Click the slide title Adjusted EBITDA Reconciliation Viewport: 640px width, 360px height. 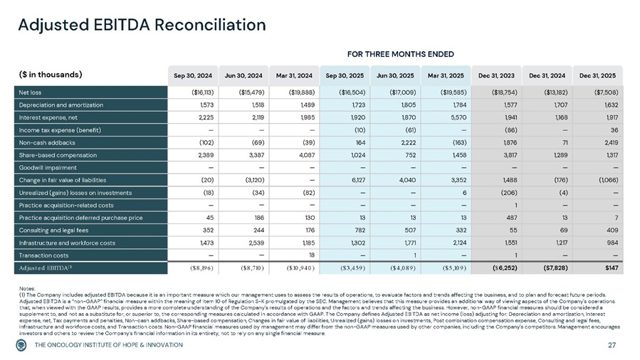point(142,24)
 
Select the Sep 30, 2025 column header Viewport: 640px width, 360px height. point(345,74)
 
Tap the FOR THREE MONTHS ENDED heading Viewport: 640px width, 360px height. point(399,54)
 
